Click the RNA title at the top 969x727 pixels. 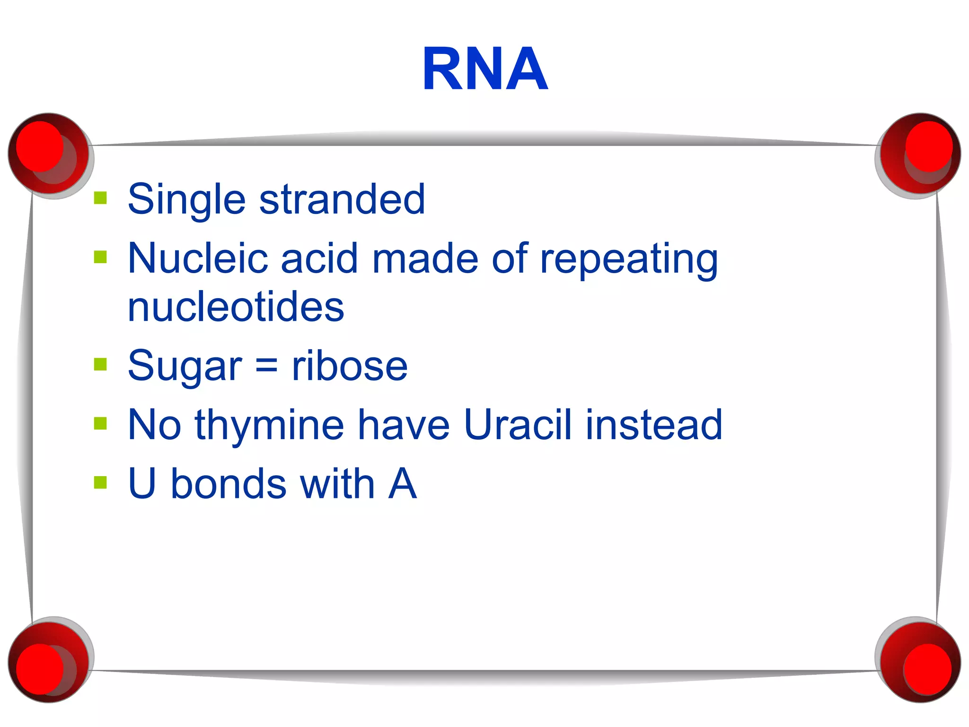point(485,69)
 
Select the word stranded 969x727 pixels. point(342,199)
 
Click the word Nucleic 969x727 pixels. point(197,258)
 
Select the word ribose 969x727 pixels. point(350,366)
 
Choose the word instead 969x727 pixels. point(654,425)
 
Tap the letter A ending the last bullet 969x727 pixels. point(402,484)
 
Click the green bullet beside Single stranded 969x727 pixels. point(100,197)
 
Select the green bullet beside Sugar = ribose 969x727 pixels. point(100,364)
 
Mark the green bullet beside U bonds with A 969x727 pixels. point(100,482)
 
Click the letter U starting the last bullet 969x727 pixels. point(142,484)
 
